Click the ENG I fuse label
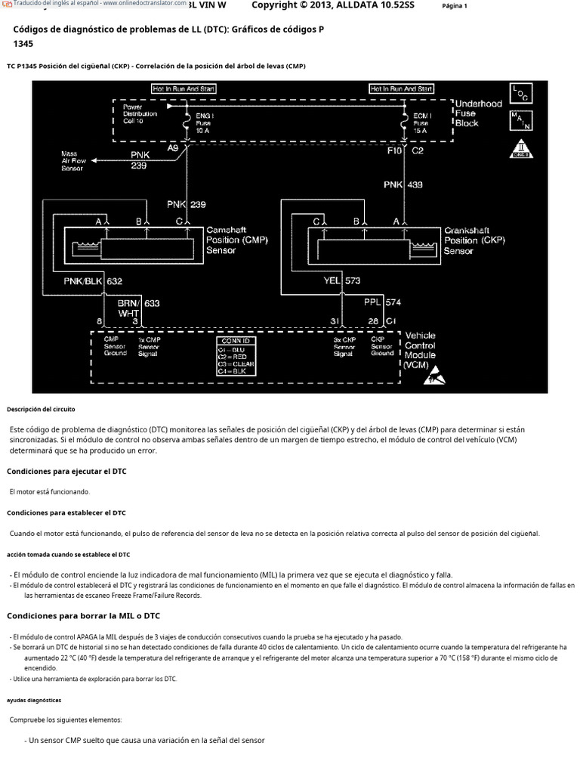pos(203,122)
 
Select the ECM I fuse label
pos(421,122)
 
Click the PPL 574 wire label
pos(382,302)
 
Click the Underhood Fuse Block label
pos(477,113)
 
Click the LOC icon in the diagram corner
pos(521,92)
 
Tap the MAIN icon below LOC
pos(521,119)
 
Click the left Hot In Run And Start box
pos(184,88)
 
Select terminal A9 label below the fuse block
pos(172,149)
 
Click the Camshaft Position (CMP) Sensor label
pos(236,240)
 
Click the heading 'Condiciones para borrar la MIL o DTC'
pos(84,615)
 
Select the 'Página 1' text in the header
pos(455,7)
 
